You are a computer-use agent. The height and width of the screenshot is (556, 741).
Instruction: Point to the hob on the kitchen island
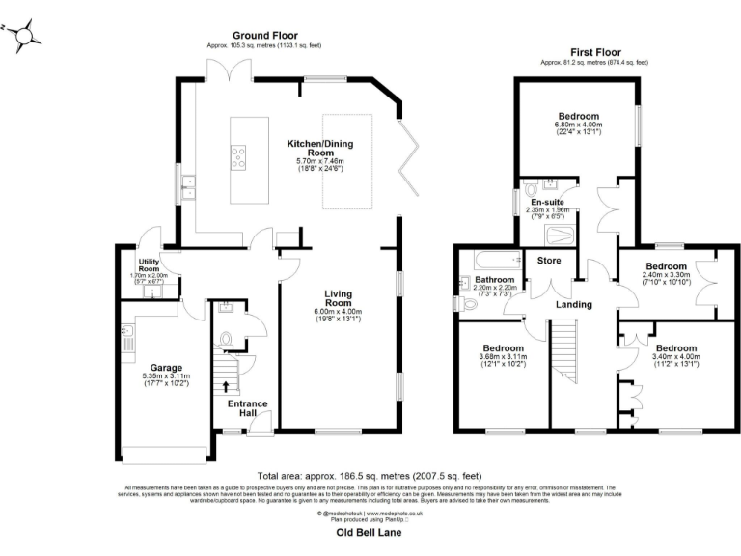pyautogui.click(x=238, y=155)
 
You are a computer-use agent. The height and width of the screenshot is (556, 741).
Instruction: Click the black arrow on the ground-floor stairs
pyautogui.click(x=226, y=386)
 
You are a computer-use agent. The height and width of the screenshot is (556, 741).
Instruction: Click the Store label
pyautogui.click(x=536, y=260)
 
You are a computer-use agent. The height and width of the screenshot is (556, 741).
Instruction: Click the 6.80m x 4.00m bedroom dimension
pyautogui.click(x=577, y=125)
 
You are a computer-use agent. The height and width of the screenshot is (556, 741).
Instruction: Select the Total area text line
pyautogui.click(x=370, y=476)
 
